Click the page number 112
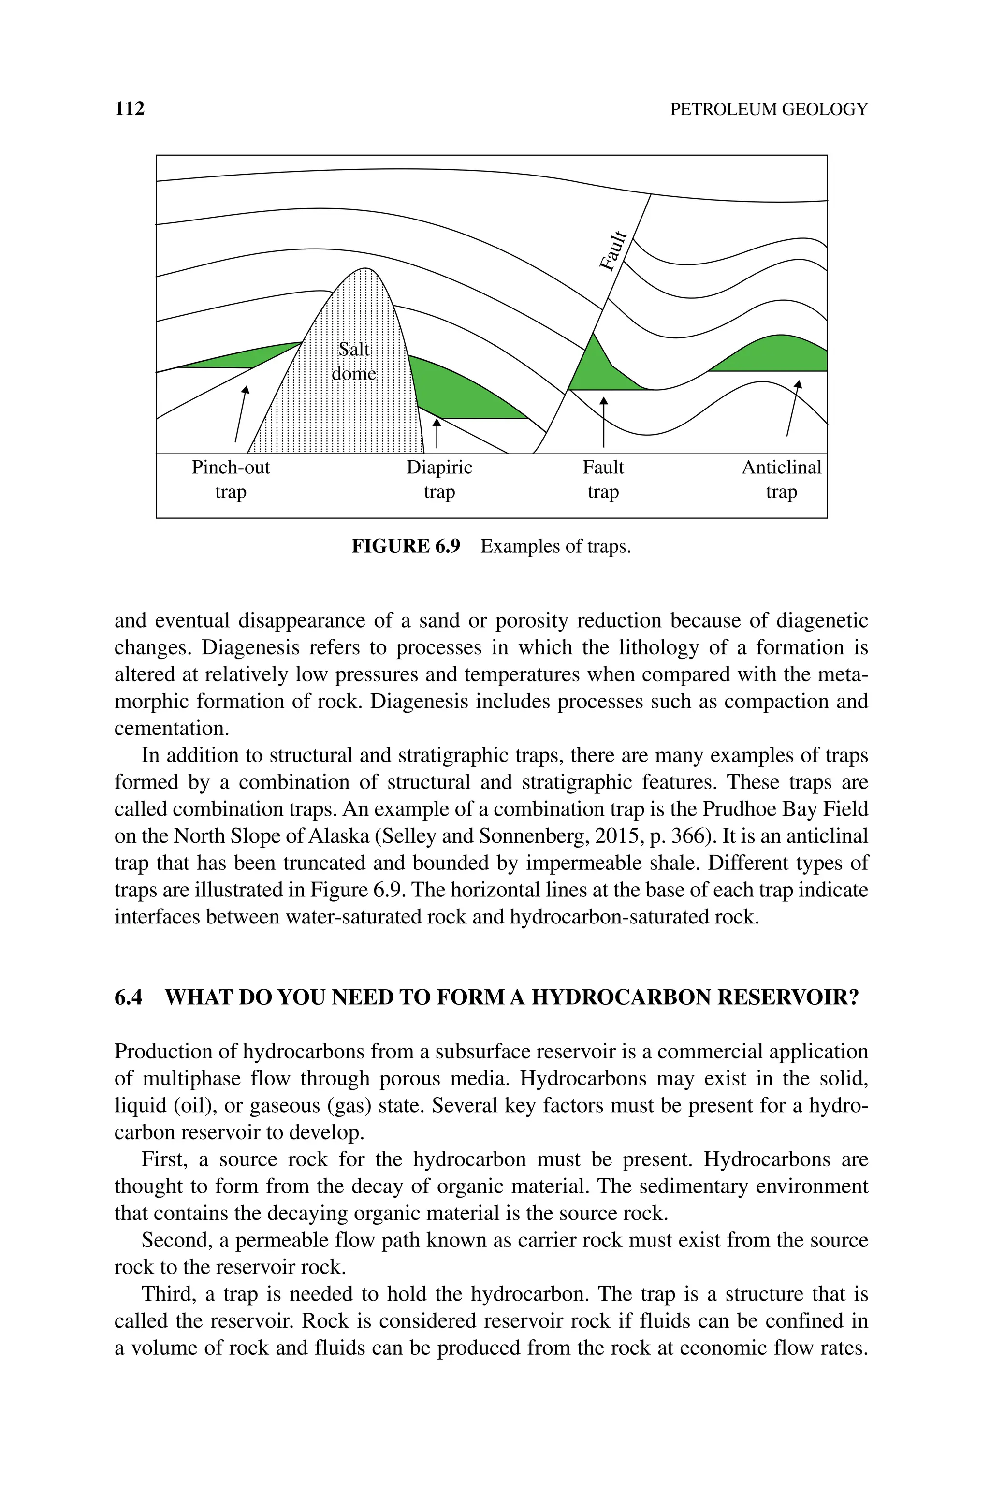[130, 109]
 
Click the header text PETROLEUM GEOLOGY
[769, 109]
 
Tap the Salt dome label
[354, 361]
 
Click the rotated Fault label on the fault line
[613, 250]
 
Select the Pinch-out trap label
[231, 479]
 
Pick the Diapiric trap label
[439, 479]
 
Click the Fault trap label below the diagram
[603, 479]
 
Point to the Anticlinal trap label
[781, 479]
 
